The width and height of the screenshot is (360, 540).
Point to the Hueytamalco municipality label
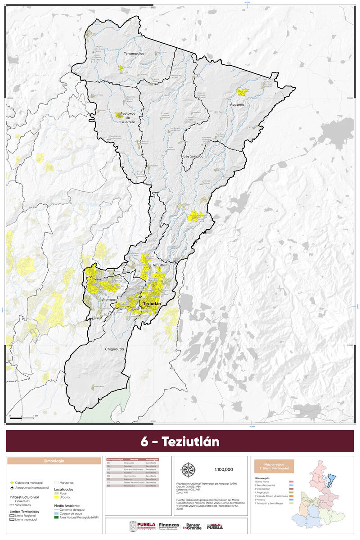click(x=193, y=156)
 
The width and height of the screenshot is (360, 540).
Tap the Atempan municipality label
click(x=110, y=299)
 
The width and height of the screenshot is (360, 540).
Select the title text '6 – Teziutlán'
click(x=180, y=441)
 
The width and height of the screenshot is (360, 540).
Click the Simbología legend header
click(x=54, y=461)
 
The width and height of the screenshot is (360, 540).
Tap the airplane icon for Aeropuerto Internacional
click(x=11, y=488)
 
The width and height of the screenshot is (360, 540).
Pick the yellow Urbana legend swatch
click(x=56, y=498)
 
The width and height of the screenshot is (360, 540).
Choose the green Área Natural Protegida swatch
click(x=56, y=517)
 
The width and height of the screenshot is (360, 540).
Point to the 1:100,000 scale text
click(x=224, y=469)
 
